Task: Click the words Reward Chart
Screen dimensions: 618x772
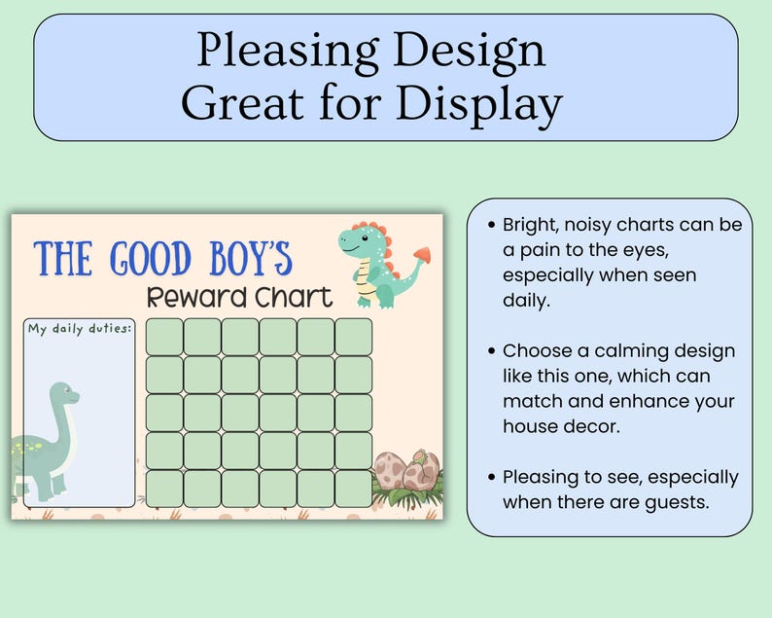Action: coord(239,297)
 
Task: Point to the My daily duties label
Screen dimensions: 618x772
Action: coord(80,328)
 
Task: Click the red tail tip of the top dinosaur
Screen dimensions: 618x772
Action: coord(422,255)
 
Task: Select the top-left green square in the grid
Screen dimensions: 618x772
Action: coord(164,337)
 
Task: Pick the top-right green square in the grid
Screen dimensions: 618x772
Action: coord(354,337)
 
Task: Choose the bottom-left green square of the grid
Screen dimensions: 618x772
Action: coord(164,489)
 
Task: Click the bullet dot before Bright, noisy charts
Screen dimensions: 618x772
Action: coord(491,226)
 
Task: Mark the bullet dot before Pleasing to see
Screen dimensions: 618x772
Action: coord(491,478)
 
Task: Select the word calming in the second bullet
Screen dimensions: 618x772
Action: coord(645,351)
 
